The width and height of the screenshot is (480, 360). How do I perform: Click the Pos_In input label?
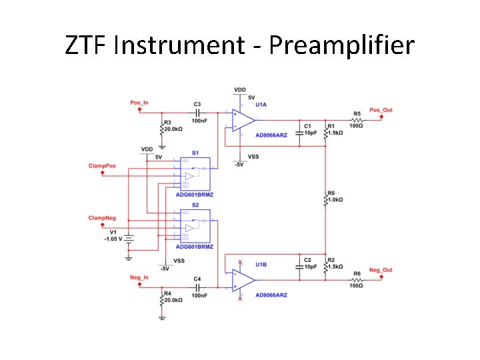pos(139,103)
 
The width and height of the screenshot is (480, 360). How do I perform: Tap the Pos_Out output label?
pos(381,109)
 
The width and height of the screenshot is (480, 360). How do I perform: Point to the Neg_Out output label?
pos(381,270)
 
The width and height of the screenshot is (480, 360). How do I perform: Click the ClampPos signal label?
pos(102,165)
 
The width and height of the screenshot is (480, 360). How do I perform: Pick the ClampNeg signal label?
pos(102,218)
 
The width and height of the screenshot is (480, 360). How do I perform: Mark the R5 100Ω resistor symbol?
pos(357,119)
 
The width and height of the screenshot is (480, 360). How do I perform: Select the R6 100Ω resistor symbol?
pos(357,281)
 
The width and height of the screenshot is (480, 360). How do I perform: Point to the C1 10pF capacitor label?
pos(310,129)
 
